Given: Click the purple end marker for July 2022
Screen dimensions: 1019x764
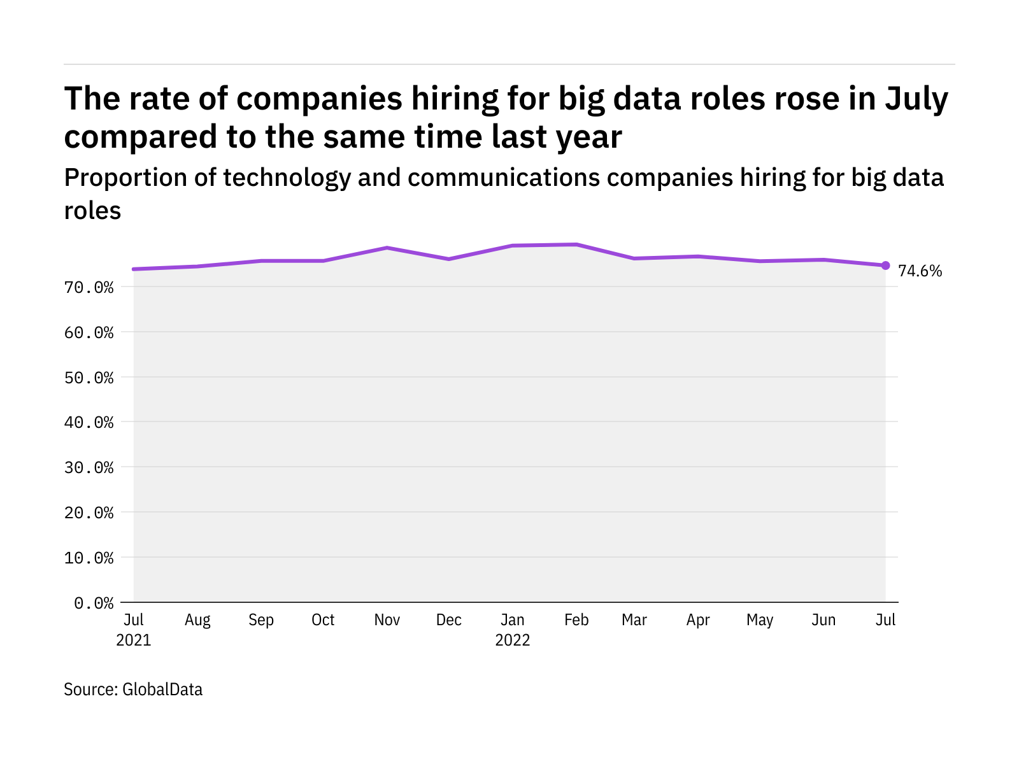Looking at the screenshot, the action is [x=885, y=265].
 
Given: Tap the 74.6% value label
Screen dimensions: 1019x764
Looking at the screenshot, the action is [x=920, y=271].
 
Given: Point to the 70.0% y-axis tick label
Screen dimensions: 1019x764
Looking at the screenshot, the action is [x=89, y=288].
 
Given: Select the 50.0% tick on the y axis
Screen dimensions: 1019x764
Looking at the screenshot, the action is [x=89, y=378].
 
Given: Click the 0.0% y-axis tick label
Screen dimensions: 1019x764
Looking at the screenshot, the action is [x=94, y=603].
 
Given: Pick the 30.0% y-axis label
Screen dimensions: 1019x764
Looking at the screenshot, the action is [x=89, y=467].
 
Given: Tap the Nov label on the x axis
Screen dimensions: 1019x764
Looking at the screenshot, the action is [x=387, y=619].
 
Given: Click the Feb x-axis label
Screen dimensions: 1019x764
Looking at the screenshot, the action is [x=576, y=619].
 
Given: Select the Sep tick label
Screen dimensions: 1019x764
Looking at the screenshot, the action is [x=261, y=620].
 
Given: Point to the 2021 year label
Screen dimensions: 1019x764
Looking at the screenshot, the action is [x=133, y=640].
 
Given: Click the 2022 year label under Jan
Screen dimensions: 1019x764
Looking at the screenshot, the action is [x=513, y=640].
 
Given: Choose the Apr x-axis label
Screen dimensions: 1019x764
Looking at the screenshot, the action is [x=698, y=620].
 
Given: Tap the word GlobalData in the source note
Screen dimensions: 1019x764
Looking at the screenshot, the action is [x=162, y=690].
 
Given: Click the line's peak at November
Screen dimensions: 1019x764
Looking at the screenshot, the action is [x=387, y=248].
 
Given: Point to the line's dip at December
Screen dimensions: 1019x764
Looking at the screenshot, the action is [x=449, y=259].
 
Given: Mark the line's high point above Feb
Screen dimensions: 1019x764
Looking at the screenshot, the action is [x=576, y=244].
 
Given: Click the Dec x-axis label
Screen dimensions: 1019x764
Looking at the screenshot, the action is [x=449, y=619].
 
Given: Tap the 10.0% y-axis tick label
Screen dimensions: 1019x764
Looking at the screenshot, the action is [x=89, y=558].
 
